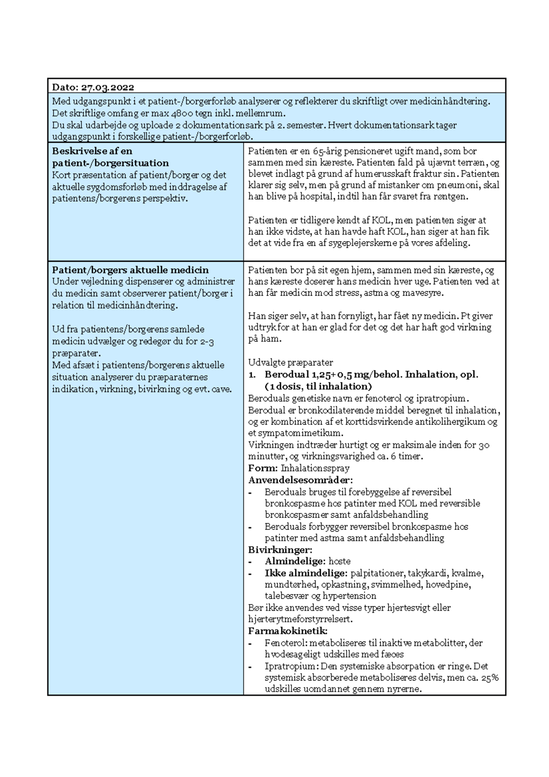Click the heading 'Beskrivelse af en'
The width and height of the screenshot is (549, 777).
point(92,151)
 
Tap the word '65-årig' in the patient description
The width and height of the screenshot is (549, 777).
point(329,151)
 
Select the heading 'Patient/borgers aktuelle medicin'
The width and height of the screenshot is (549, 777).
point(130,270)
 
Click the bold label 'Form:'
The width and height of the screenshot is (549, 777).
point(263,468)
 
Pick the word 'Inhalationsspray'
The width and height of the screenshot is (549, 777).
point(315,468)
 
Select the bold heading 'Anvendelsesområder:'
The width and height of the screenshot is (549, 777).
point(301,480)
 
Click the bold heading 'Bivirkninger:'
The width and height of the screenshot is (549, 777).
point(280,550)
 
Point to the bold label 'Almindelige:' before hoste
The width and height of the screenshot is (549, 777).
point(295,561)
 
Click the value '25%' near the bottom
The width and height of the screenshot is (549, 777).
point(489,678)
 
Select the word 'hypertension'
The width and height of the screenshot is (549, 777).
point(350,596)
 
